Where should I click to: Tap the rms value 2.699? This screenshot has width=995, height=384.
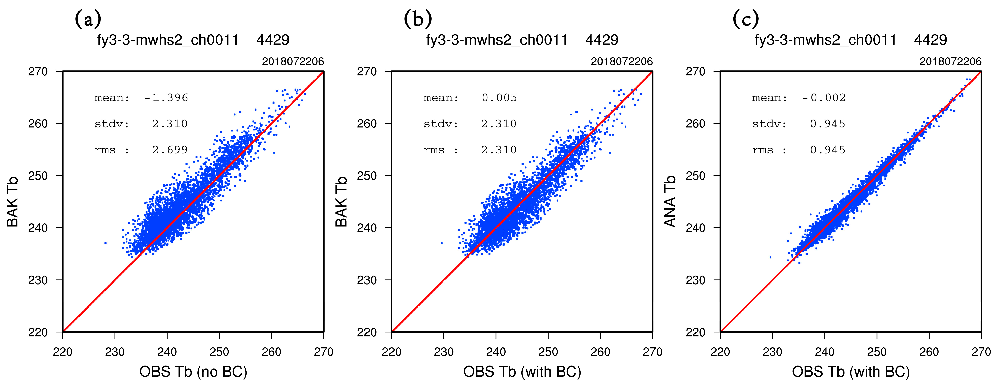coord(170,150)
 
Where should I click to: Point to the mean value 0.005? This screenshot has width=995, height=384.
coord(499,98)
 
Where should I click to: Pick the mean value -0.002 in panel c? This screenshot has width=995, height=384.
coord(824,98)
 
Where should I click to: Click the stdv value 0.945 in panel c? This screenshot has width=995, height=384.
coord(827,124)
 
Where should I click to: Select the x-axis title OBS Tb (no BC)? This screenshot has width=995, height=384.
coord(193,372)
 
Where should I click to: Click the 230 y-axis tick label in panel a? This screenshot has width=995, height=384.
coord(38,280)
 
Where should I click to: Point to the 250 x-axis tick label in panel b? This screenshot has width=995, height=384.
coord(548,352)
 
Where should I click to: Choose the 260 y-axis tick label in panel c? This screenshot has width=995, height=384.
coord(695,124)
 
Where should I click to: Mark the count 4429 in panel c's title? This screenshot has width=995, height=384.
coord(930,40)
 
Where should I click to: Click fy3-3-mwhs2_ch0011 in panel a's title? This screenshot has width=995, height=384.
coord(168,40)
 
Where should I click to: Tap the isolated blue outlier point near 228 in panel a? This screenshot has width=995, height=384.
coord(106,243)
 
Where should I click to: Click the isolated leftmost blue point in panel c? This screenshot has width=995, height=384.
coord(770,257)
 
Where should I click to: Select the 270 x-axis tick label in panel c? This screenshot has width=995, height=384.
coord(981,352)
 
